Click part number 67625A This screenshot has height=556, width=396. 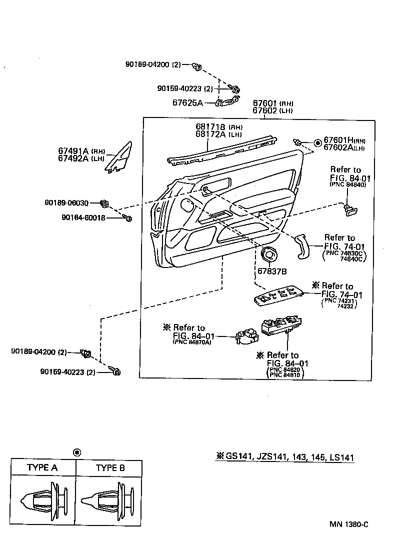click(x=187, y=102)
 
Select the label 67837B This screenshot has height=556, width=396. click(x=271, y=271)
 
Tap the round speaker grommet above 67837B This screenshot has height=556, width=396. click(x=269, y=254)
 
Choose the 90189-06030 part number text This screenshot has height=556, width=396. click(x=66, y=203)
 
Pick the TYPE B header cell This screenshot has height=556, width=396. click(x=109, y=468)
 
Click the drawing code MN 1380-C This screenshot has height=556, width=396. click(x=348, y=524)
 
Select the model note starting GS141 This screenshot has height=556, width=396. click(x=285, y=456)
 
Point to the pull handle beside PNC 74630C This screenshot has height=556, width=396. click(x=302, y=245)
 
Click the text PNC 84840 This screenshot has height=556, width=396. click(x=348, y=184)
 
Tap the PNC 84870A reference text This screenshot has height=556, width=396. click(x=191, y=342)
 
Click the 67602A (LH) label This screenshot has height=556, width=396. click(x=344, y=147)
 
